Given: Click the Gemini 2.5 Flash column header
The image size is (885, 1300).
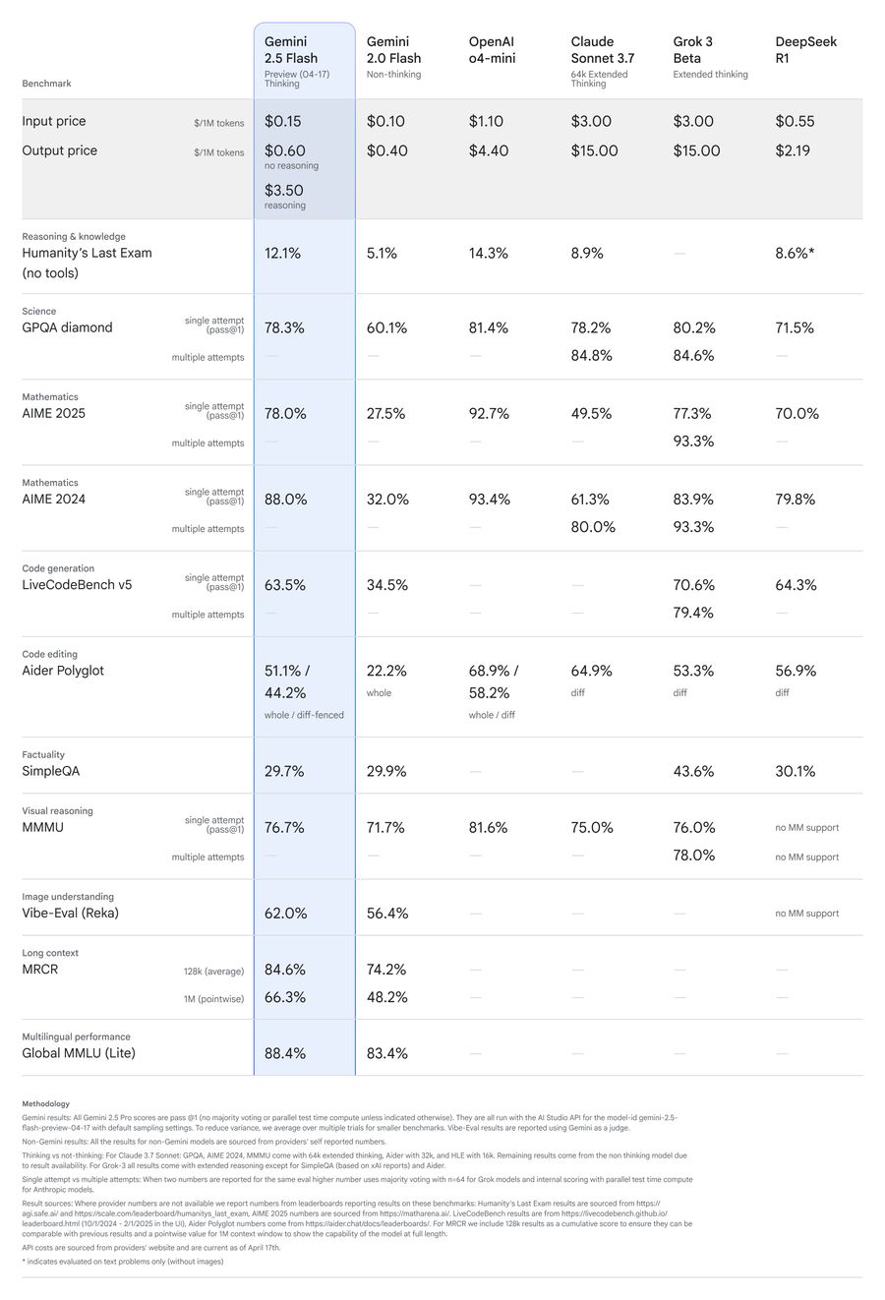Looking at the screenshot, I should click(291, 50).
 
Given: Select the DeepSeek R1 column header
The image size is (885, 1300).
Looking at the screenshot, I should click(805, 50).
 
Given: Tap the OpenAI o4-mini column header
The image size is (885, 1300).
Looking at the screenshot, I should click(492, 50).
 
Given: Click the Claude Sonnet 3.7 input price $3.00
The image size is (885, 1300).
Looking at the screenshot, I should click(591, 121).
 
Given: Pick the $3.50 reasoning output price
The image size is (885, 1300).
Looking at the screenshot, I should click(284, 191).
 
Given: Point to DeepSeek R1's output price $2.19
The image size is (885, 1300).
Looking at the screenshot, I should click(795, 150).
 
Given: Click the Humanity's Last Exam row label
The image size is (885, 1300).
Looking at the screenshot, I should click(87, 253).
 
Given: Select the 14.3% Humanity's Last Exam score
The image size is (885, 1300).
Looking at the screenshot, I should click(489, 253).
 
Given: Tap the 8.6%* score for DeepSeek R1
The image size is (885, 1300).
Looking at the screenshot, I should click(795, 253).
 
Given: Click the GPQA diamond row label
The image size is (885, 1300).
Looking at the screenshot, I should click(67, 327).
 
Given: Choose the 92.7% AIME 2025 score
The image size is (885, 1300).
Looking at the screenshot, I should click(489, 413).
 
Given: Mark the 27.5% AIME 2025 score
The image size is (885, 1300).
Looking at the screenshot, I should click(385, 413).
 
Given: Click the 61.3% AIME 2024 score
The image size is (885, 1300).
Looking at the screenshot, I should click(590, 499).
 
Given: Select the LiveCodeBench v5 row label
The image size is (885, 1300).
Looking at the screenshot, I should click(77, 584).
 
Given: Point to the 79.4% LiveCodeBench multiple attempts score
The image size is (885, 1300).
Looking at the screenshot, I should click(693, 613).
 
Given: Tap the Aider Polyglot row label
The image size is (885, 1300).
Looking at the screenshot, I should click(63, 671).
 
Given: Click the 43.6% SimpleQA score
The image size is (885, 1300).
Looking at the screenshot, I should click(693, 771).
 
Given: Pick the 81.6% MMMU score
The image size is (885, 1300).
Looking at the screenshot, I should click(489, 827).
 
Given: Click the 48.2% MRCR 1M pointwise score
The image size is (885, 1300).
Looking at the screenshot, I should click(386, 997).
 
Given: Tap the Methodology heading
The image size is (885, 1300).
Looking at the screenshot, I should click(45, 1104).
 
